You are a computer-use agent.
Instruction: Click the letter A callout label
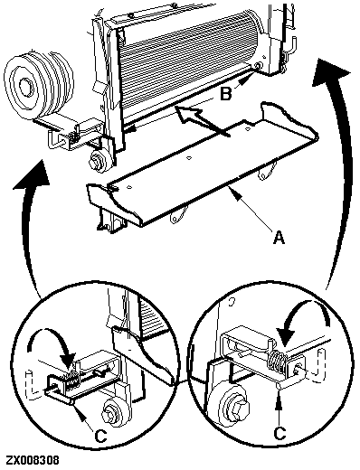pyautogui.click(x=279, y=237)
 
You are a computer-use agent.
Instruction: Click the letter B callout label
pyautogui.click(x=226, y=94)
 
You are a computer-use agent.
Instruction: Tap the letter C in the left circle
pyautogui.click(x=100, y=436)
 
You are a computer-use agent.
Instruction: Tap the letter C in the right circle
pyautogui.click(x=279, y=433)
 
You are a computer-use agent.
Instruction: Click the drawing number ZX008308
pyautogui.click(x=33, y=460)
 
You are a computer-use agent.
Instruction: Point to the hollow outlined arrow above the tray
pyautogui.click(x=201, y=119)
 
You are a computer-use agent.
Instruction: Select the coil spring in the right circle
pyautogui.click(x=276, y=362)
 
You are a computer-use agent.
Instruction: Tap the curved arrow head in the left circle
pyautogui.click(x=68, y=360)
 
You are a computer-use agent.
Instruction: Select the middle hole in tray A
pyautogui.click(x=189, y=157)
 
